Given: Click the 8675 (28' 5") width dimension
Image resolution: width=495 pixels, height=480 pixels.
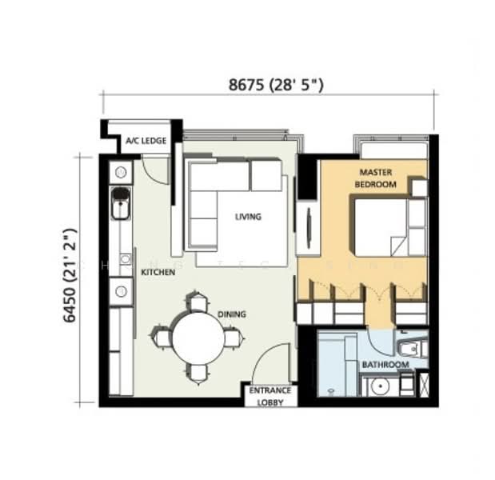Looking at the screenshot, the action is (x=276, y=85).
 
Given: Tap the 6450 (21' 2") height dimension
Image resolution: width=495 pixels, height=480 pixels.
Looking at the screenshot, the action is (x=70, y=275).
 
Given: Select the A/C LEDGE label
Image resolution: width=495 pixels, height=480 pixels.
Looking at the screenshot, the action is (x=146, y=141).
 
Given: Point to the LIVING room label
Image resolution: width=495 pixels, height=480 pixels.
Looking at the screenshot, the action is (x=248, y=217).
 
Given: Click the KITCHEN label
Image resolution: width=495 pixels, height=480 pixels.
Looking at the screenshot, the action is (x=158, y=272).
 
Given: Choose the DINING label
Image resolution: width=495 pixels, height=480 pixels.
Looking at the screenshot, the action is (x=232, y=314).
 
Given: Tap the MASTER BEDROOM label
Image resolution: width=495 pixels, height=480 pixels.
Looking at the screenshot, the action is (x=375, y=178).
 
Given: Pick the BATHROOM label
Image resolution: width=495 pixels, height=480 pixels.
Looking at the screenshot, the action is (x=385, y=365).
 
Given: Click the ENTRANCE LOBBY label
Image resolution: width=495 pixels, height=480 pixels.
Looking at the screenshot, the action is (x=270, y=396).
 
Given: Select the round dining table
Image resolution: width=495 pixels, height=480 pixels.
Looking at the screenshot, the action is (x=198, y=338).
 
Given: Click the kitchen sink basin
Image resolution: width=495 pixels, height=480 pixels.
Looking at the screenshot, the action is (x=120, y=203).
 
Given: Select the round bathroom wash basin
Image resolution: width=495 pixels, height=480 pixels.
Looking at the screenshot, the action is (x=380, y=386).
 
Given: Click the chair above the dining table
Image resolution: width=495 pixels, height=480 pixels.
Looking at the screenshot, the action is (x=198, y=302).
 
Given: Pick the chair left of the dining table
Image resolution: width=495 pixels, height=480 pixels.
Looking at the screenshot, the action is (x=162, y=338).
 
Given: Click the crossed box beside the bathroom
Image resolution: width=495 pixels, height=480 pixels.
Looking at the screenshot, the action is (x=425, y=385).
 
